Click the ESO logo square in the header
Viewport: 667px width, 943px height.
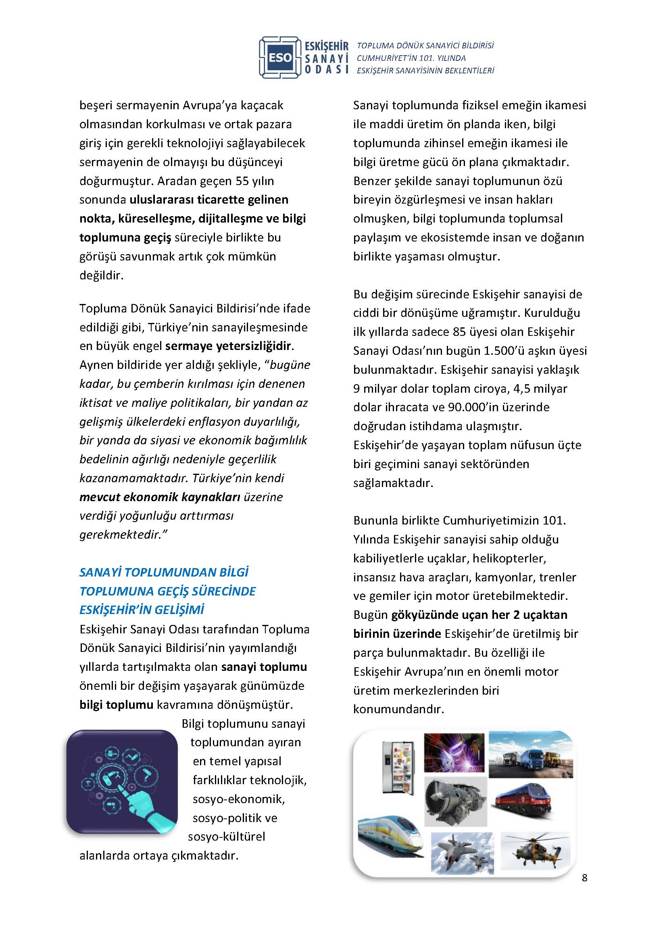tap(281, 58)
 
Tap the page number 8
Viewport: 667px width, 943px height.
tap(584, 890)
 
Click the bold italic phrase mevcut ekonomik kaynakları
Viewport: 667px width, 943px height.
tap(160, 497)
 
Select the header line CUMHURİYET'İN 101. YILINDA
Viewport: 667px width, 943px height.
tap(411, 58)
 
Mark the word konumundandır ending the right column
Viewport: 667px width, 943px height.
tap(398, 709)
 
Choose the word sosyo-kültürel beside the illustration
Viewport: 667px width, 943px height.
tap(226, 837)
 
